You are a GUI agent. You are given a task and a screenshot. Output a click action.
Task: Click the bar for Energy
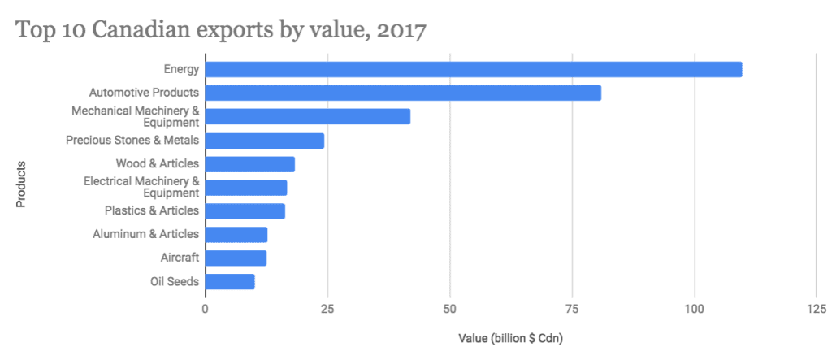(x=473, y=70)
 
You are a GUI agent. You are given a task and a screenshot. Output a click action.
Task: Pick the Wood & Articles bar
(x=249, y=164)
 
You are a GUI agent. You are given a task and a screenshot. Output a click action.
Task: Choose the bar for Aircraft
(x=236, y=258)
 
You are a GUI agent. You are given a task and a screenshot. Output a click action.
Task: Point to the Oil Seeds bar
(x=230, y=282)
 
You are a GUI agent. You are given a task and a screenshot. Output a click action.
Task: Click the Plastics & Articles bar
(x=245, y=211)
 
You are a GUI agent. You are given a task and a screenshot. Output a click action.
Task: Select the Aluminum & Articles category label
(x=145, y=234)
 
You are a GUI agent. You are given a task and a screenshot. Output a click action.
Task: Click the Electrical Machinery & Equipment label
(x=141, y=187)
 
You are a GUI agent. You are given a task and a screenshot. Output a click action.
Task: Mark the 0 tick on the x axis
(x=205, y=308)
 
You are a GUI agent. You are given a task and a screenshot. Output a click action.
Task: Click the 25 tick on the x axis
(x=327, y=308)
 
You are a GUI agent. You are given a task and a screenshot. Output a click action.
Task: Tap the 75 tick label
(x=572, y=308)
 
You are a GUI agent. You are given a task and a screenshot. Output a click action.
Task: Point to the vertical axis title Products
(x=22, y=185)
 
